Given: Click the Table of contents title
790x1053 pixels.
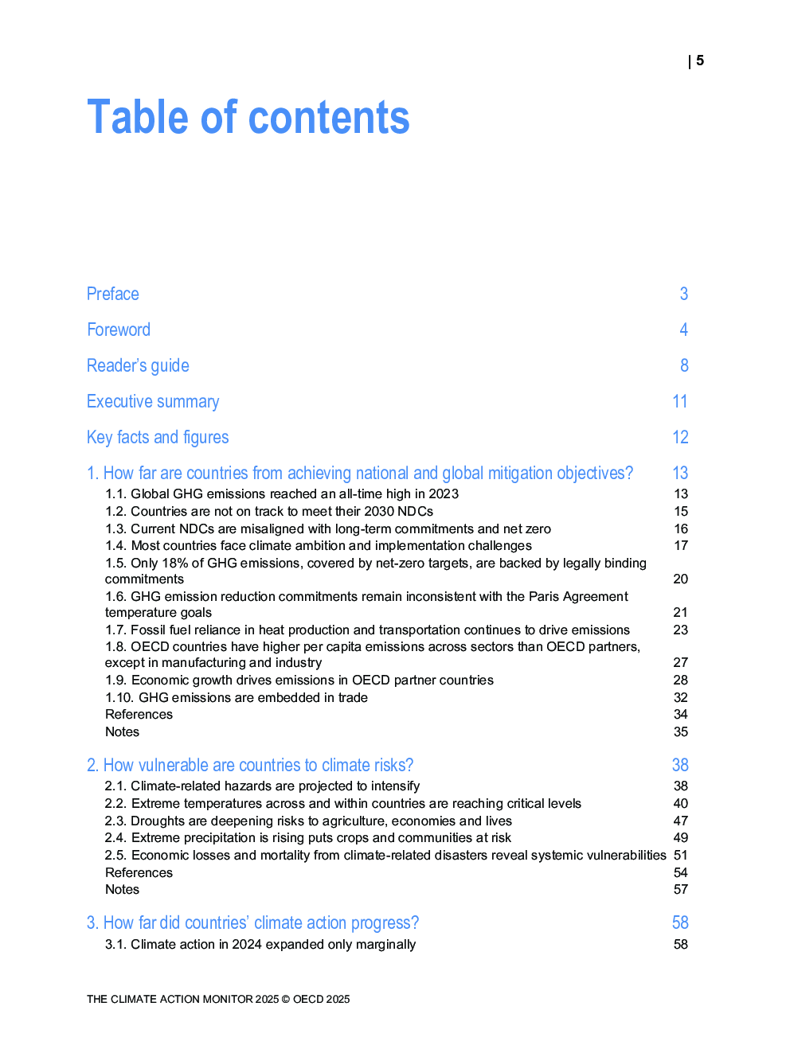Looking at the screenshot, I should [x=248, y=118].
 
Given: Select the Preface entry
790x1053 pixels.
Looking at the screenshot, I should [x=113, y=294].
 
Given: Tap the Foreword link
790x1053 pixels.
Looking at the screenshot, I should [x=119, y=330].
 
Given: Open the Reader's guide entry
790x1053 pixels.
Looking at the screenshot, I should [x=138, y=365].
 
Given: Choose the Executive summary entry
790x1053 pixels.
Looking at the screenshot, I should [x=153, y=401].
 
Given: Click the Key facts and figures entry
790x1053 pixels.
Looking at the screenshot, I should [x=158, y=437].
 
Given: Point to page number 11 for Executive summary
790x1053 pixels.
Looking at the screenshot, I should [x=679, y=401].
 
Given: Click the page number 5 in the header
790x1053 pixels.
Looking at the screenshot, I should [x=699, y=60].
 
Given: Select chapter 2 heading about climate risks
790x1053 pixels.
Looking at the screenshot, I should [x=250, y=765].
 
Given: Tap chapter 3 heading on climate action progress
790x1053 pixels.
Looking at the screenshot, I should [x=252, y=922].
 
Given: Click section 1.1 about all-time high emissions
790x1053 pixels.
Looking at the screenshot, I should [x=282, y=493].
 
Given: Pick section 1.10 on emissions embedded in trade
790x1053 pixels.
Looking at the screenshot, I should [x=237, y=697].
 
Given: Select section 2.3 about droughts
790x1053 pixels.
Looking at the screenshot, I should [x=308, y=821].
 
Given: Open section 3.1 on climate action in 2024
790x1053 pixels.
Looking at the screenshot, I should [x=260, y=944].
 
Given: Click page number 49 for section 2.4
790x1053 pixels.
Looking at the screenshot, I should [x=680, y=837].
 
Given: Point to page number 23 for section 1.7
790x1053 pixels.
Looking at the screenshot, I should [x=680, y=630].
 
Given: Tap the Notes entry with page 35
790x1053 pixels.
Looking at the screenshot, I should [x=123, y=731].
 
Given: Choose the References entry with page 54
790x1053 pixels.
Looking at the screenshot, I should [x=139, y=872].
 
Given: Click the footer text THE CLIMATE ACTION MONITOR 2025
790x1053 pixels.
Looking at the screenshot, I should [x=218, y=999].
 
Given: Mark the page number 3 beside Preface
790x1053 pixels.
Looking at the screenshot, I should [x=683, y=294].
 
